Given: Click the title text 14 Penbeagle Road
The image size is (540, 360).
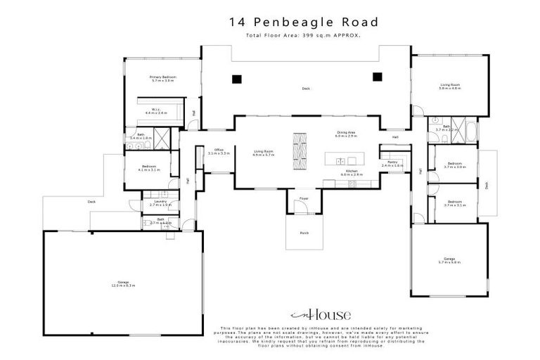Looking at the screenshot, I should (x=304, y=22).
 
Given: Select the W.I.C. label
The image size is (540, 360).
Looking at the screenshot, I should (x=155, y=110).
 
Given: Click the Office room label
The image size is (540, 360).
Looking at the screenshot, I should (x=219, y=151).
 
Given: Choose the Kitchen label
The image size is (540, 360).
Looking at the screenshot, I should (x=351, y=171).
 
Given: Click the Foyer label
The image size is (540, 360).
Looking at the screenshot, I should (x=304, y=199).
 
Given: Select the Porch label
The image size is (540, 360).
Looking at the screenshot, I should (x=304, y=232).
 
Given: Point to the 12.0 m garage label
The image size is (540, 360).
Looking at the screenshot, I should (x=124, y=284).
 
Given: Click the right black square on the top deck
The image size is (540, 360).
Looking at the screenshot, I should (x=377, y=77).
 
